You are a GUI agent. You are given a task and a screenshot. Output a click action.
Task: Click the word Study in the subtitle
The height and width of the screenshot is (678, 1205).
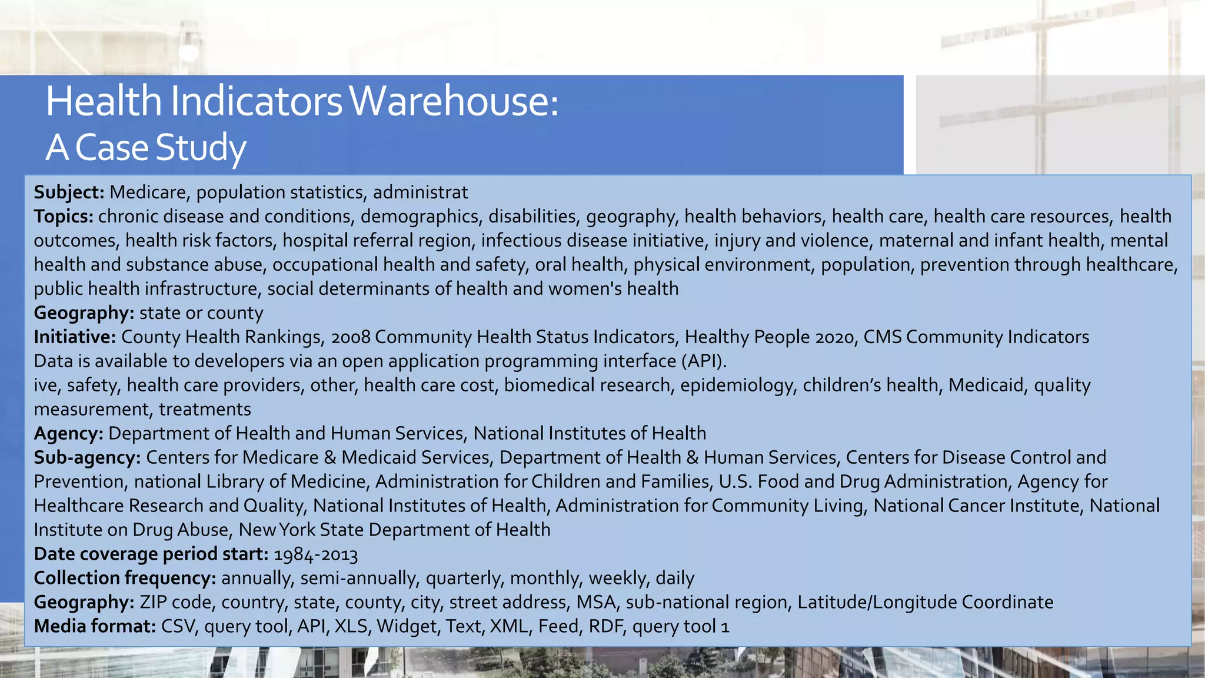point(201,148)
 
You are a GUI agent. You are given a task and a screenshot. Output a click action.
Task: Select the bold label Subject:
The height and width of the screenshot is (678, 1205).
point(69,192)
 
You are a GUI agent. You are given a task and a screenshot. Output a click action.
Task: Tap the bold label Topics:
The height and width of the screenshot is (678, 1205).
point(64,217)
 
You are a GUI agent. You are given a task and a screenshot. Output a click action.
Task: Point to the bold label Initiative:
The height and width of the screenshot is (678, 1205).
point(75,337)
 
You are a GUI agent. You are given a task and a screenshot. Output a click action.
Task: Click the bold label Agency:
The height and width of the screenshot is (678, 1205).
point(68,434)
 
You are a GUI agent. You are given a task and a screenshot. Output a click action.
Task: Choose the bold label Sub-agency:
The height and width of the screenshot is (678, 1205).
point(87,458)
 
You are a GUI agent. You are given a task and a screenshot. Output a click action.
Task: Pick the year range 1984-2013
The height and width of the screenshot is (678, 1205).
point(315,554)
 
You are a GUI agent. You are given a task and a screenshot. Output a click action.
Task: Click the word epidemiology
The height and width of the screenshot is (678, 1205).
point(736,385)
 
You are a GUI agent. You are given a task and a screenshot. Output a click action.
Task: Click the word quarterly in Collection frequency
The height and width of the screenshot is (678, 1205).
point(465,578)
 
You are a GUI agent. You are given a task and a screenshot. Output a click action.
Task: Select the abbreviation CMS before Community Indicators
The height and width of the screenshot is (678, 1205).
point(883,337)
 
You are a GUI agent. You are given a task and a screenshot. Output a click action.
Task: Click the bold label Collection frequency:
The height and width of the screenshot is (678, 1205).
point(125,578)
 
